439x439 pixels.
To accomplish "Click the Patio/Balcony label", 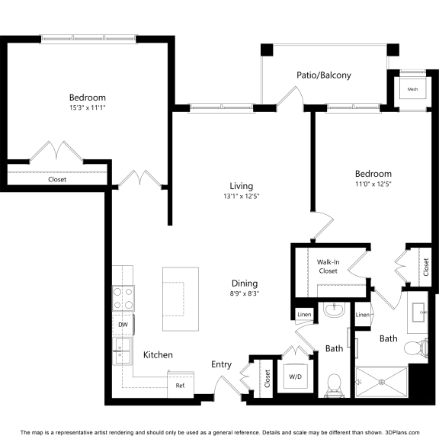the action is (x=324, y=75).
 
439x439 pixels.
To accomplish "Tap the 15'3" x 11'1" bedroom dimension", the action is (x=88, y=107).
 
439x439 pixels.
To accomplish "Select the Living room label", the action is (x=242, y=186).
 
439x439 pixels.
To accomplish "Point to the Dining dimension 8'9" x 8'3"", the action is (x=245, y=293).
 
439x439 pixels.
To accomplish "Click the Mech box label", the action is (x=412, y=89).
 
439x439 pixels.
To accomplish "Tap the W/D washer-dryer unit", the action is (x=296, y=376).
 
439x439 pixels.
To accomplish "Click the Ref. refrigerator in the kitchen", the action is (x=181, y=384).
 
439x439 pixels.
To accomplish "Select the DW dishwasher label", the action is (x=123, y=325).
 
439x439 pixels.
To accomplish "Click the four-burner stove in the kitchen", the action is (x=123, y=298).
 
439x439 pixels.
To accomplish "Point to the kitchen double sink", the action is (x=122, y=351).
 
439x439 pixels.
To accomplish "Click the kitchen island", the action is (x=181, y=299).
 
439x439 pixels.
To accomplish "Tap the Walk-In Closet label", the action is (x=328, y=267).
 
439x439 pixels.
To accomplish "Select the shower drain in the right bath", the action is (x=382, y=382).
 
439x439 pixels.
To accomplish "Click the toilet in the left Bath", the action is (x=334, y=385).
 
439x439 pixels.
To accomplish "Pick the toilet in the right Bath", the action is (x=416, y=348).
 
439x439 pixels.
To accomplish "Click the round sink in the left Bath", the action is (x=334, y=309).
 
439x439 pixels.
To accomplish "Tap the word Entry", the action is (x=221, y=364).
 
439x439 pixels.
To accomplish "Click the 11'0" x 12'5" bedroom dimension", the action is (x=373, y=184).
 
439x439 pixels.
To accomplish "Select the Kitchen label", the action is (x=158, y=355).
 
